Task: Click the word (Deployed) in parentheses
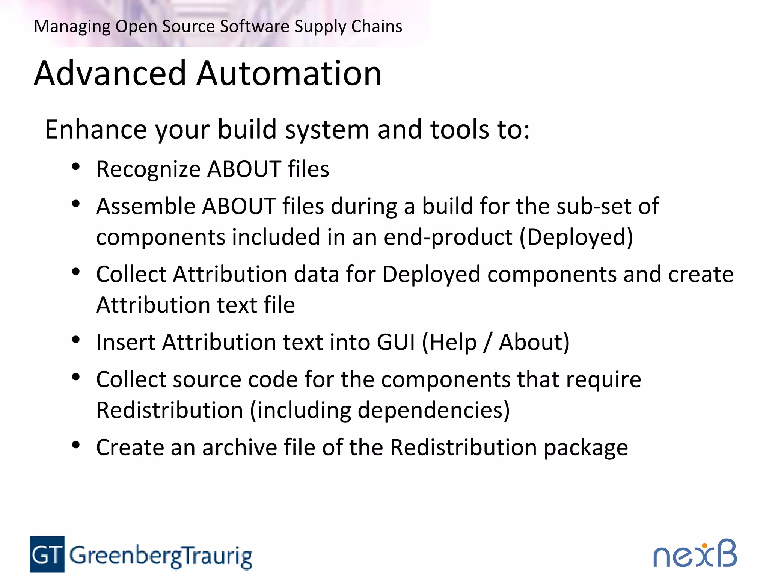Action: point(576,237)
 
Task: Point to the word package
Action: point(586,448)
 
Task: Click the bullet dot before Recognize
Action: point(76,167)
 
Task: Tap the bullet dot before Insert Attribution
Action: point(76,340)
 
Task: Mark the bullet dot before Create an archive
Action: point(76,445)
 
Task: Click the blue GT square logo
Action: point(47,554)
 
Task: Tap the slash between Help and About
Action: point(487,342)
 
